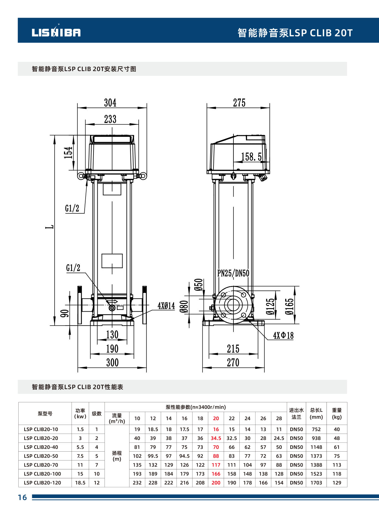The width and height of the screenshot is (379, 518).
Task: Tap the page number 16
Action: tap(22, 497)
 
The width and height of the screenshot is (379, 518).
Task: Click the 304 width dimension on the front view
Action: tap(110, 103)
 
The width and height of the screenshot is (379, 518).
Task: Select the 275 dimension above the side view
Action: tap(239, 103)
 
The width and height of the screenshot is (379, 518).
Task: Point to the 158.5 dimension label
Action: tap(251, 157)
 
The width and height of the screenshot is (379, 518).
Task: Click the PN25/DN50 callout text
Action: tap(233, 273)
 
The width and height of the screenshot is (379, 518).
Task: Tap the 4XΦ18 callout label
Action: tap(283, 335)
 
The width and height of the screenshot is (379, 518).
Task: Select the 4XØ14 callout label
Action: tap(166, 306)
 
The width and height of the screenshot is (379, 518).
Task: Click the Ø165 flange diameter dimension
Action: tap(289, 306)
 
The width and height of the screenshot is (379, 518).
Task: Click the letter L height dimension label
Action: tap(51, 227)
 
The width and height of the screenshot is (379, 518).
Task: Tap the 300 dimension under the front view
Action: tap(112, 363)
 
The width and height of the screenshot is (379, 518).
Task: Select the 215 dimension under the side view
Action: tap(233, 349)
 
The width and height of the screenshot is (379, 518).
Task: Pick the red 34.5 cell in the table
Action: tap(216, 438)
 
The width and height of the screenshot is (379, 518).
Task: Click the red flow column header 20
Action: tap(216, 418)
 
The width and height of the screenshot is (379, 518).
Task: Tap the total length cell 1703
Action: tap(316, 483)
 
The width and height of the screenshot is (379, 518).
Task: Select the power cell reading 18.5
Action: tap(80, 483)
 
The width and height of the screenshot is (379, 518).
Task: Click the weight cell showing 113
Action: tap(337, 465)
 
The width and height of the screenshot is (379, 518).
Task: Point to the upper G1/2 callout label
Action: tap(72, 208)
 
